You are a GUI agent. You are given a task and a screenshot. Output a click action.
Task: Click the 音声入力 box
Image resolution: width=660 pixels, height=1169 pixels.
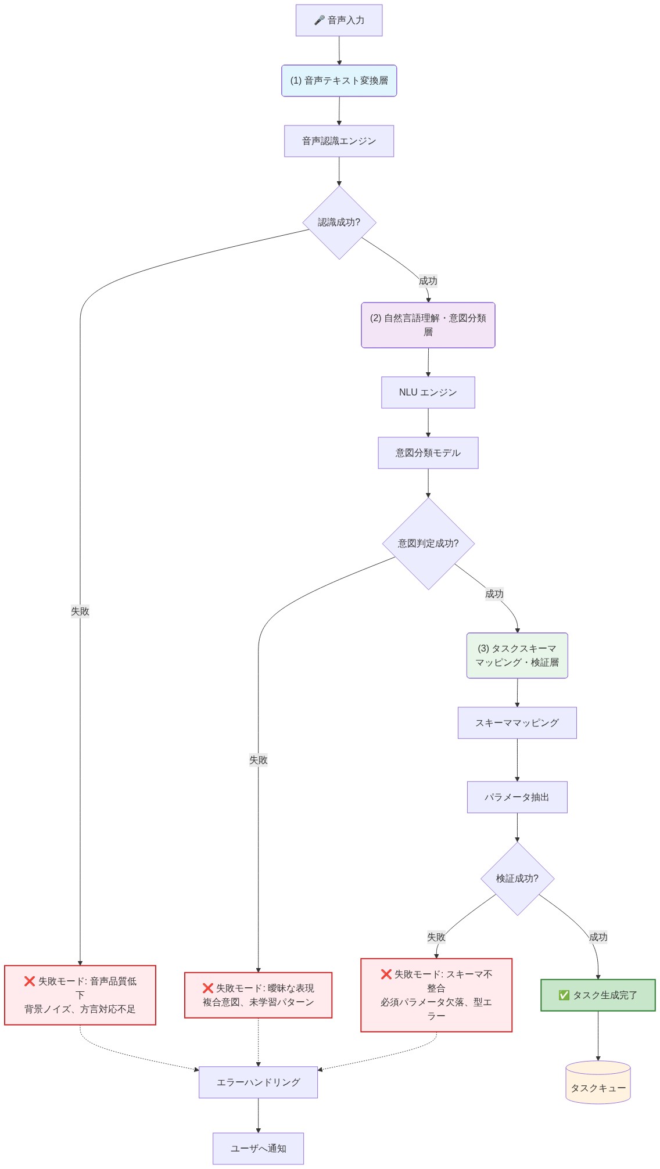339,20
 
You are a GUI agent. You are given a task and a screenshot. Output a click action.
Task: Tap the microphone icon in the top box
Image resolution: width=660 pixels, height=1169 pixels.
319,20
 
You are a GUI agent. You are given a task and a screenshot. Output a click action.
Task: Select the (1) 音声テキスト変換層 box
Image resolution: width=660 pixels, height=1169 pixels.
339,81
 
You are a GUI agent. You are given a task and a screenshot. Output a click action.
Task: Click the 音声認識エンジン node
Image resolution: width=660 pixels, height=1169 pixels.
339,141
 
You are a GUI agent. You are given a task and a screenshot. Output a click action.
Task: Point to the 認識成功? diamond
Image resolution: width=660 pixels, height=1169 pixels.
339,222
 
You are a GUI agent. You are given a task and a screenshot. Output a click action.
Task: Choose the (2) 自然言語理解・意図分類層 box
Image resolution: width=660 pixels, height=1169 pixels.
428,325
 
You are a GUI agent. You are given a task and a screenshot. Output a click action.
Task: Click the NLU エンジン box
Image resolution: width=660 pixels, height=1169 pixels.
428,393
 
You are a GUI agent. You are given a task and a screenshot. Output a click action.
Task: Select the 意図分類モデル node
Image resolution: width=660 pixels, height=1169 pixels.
428,453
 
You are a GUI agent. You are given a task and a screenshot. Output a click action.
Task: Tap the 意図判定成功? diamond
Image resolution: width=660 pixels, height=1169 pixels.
428,544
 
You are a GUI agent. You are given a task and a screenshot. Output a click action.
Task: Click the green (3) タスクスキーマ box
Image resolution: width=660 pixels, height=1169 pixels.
517,656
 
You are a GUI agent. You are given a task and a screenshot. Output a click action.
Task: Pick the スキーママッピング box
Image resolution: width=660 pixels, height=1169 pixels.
517,723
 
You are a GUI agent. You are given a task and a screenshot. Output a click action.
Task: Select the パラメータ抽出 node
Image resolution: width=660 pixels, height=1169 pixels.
517,797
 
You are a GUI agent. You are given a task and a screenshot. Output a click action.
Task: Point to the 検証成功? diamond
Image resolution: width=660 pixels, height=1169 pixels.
517,879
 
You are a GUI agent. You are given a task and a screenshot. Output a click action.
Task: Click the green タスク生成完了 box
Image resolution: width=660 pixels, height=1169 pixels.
598,995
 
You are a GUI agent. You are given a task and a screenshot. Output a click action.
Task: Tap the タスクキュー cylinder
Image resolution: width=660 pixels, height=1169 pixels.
598,1083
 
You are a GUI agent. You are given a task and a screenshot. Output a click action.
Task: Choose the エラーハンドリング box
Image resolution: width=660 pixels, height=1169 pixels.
258,1082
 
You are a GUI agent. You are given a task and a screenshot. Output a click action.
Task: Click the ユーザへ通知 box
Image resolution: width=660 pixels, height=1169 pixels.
258,1149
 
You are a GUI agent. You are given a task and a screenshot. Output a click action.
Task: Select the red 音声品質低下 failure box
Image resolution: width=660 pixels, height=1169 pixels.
80,995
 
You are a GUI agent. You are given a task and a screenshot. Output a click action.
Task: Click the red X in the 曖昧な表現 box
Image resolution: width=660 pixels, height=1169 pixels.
208,988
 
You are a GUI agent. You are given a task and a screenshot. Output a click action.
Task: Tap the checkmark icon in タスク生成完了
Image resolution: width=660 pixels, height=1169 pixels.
564,995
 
